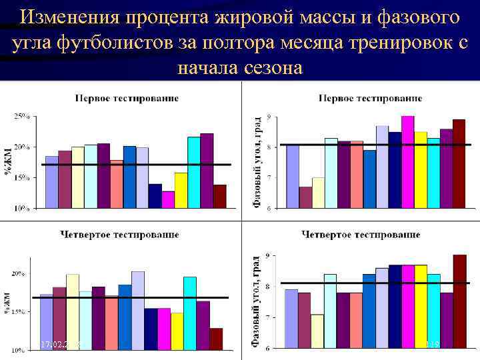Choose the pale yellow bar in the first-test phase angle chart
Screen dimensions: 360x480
(318, 193)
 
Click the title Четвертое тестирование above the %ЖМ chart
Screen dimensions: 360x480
(119, 235)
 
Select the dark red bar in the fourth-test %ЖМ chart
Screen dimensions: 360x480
(215, 339)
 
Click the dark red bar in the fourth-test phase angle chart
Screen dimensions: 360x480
(459, 301)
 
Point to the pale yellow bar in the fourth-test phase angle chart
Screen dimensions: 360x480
(317, 331)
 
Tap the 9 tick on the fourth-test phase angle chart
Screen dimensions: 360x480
(267, 256)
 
